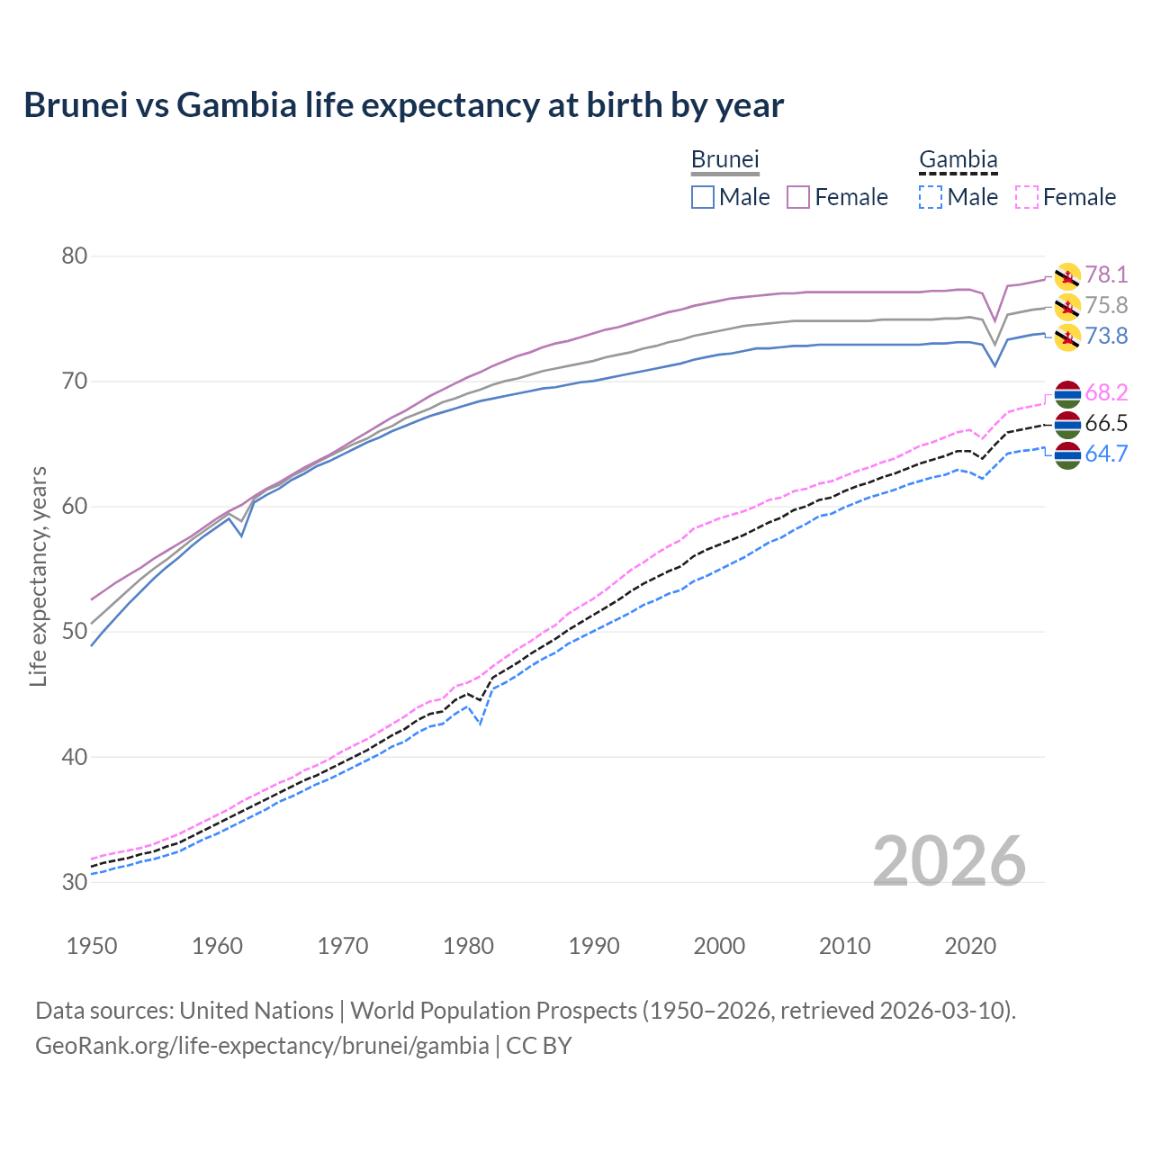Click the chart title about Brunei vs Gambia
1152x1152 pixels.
pyautogui.click(x=403, y=105)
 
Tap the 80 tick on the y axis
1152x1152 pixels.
pyautogui.click(x=74, y=256)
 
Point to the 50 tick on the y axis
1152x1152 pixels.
pyautogui.click(x=74, y=632)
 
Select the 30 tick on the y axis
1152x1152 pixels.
pyautogui.click(x=74, y=882)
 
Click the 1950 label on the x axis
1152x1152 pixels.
pyautogui.click(x=92, y=946)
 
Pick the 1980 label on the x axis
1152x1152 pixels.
pyautogui.click(x=468, y=946)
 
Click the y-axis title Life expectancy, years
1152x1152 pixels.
pyautogui.click(x=38, y=576)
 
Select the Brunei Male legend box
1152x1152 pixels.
pyautogui.click(x=703, y=197)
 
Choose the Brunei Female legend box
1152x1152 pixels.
pyautogui.click(x=798, y=197)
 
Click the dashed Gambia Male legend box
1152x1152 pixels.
pyautogui.click(x=931, y=197)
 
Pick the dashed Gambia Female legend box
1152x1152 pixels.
pyautogui.click(x=1027, y=197)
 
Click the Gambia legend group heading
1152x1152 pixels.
pyautogui.click(x=958, y=160)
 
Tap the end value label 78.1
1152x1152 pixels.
pyautogui.click(x=1106, y=274)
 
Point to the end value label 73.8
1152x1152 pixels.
pyautogui.click(x=1106, y=336)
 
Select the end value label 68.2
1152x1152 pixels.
pyautogui.click(x=1106, y=392)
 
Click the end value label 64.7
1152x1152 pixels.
pyautogui.click(x=1106, y=454)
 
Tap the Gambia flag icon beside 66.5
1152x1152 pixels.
pyautogui.click(x=1067, y=424)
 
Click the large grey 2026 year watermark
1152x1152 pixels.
pyautogui.click(x=949, y=861)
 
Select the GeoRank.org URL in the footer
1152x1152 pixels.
pyautogui.click(x=261, y=1046)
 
